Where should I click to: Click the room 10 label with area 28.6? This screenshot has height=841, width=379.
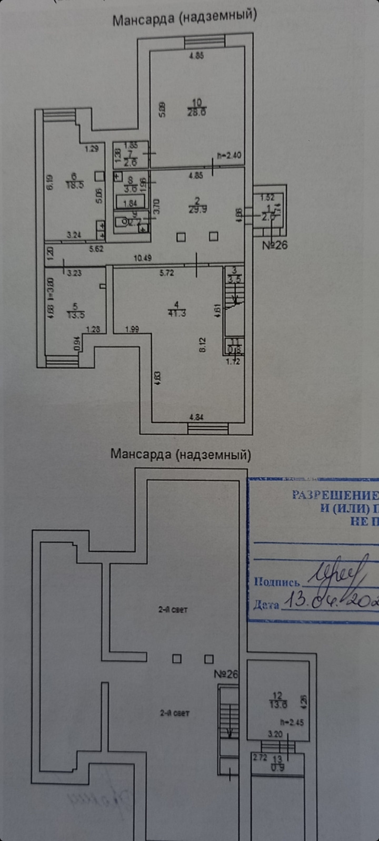(x=196, y=107)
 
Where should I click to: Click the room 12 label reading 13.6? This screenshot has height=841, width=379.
(x=278, y=700)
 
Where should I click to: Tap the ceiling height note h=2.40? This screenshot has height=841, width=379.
(x=229, y=156)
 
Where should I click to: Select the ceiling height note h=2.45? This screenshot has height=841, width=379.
(x=292, y=722)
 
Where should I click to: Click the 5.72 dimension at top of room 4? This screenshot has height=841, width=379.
(x=166, y=273)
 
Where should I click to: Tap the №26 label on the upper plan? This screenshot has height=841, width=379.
(x=275, y=244)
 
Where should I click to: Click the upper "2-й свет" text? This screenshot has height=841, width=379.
(x=173, y=610)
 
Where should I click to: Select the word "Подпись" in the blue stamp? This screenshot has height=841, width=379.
(x=276, y=581)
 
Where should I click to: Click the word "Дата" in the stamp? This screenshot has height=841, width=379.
(x=266, y=604)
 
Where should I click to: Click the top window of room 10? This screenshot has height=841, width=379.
(x=205, y=41)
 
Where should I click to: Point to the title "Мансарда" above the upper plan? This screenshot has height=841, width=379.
(x=143, y=20)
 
